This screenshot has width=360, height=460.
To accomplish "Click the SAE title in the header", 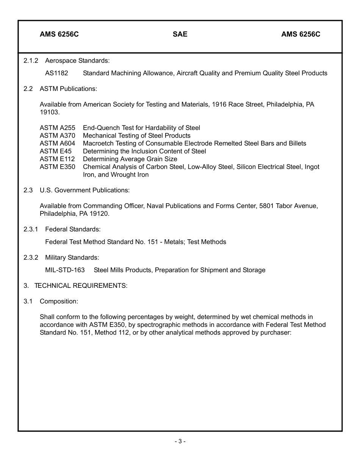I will pos(180,35).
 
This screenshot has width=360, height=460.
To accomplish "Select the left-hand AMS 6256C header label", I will pos(59,35).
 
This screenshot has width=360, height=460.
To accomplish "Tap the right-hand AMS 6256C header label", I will pos(301,35).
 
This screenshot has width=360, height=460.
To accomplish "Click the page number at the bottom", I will pos(180,441).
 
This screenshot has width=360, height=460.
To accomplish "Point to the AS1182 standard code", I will pos(56,73).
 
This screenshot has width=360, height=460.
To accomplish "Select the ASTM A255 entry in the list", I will pos(57,128).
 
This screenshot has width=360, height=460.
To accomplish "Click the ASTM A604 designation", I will pos(57,143).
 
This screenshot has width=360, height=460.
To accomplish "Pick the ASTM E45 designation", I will pos(55,151).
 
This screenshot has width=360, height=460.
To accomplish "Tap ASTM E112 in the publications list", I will pos(57,159).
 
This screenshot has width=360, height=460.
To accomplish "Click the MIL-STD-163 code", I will pos(65,270).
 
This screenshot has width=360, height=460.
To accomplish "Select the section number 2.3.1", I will pos(31,229).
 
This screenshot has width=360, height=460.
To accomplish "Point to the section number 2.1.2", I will pos(31,60).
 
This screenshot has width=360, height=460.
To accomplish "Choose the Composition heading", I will pos(59,301).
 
